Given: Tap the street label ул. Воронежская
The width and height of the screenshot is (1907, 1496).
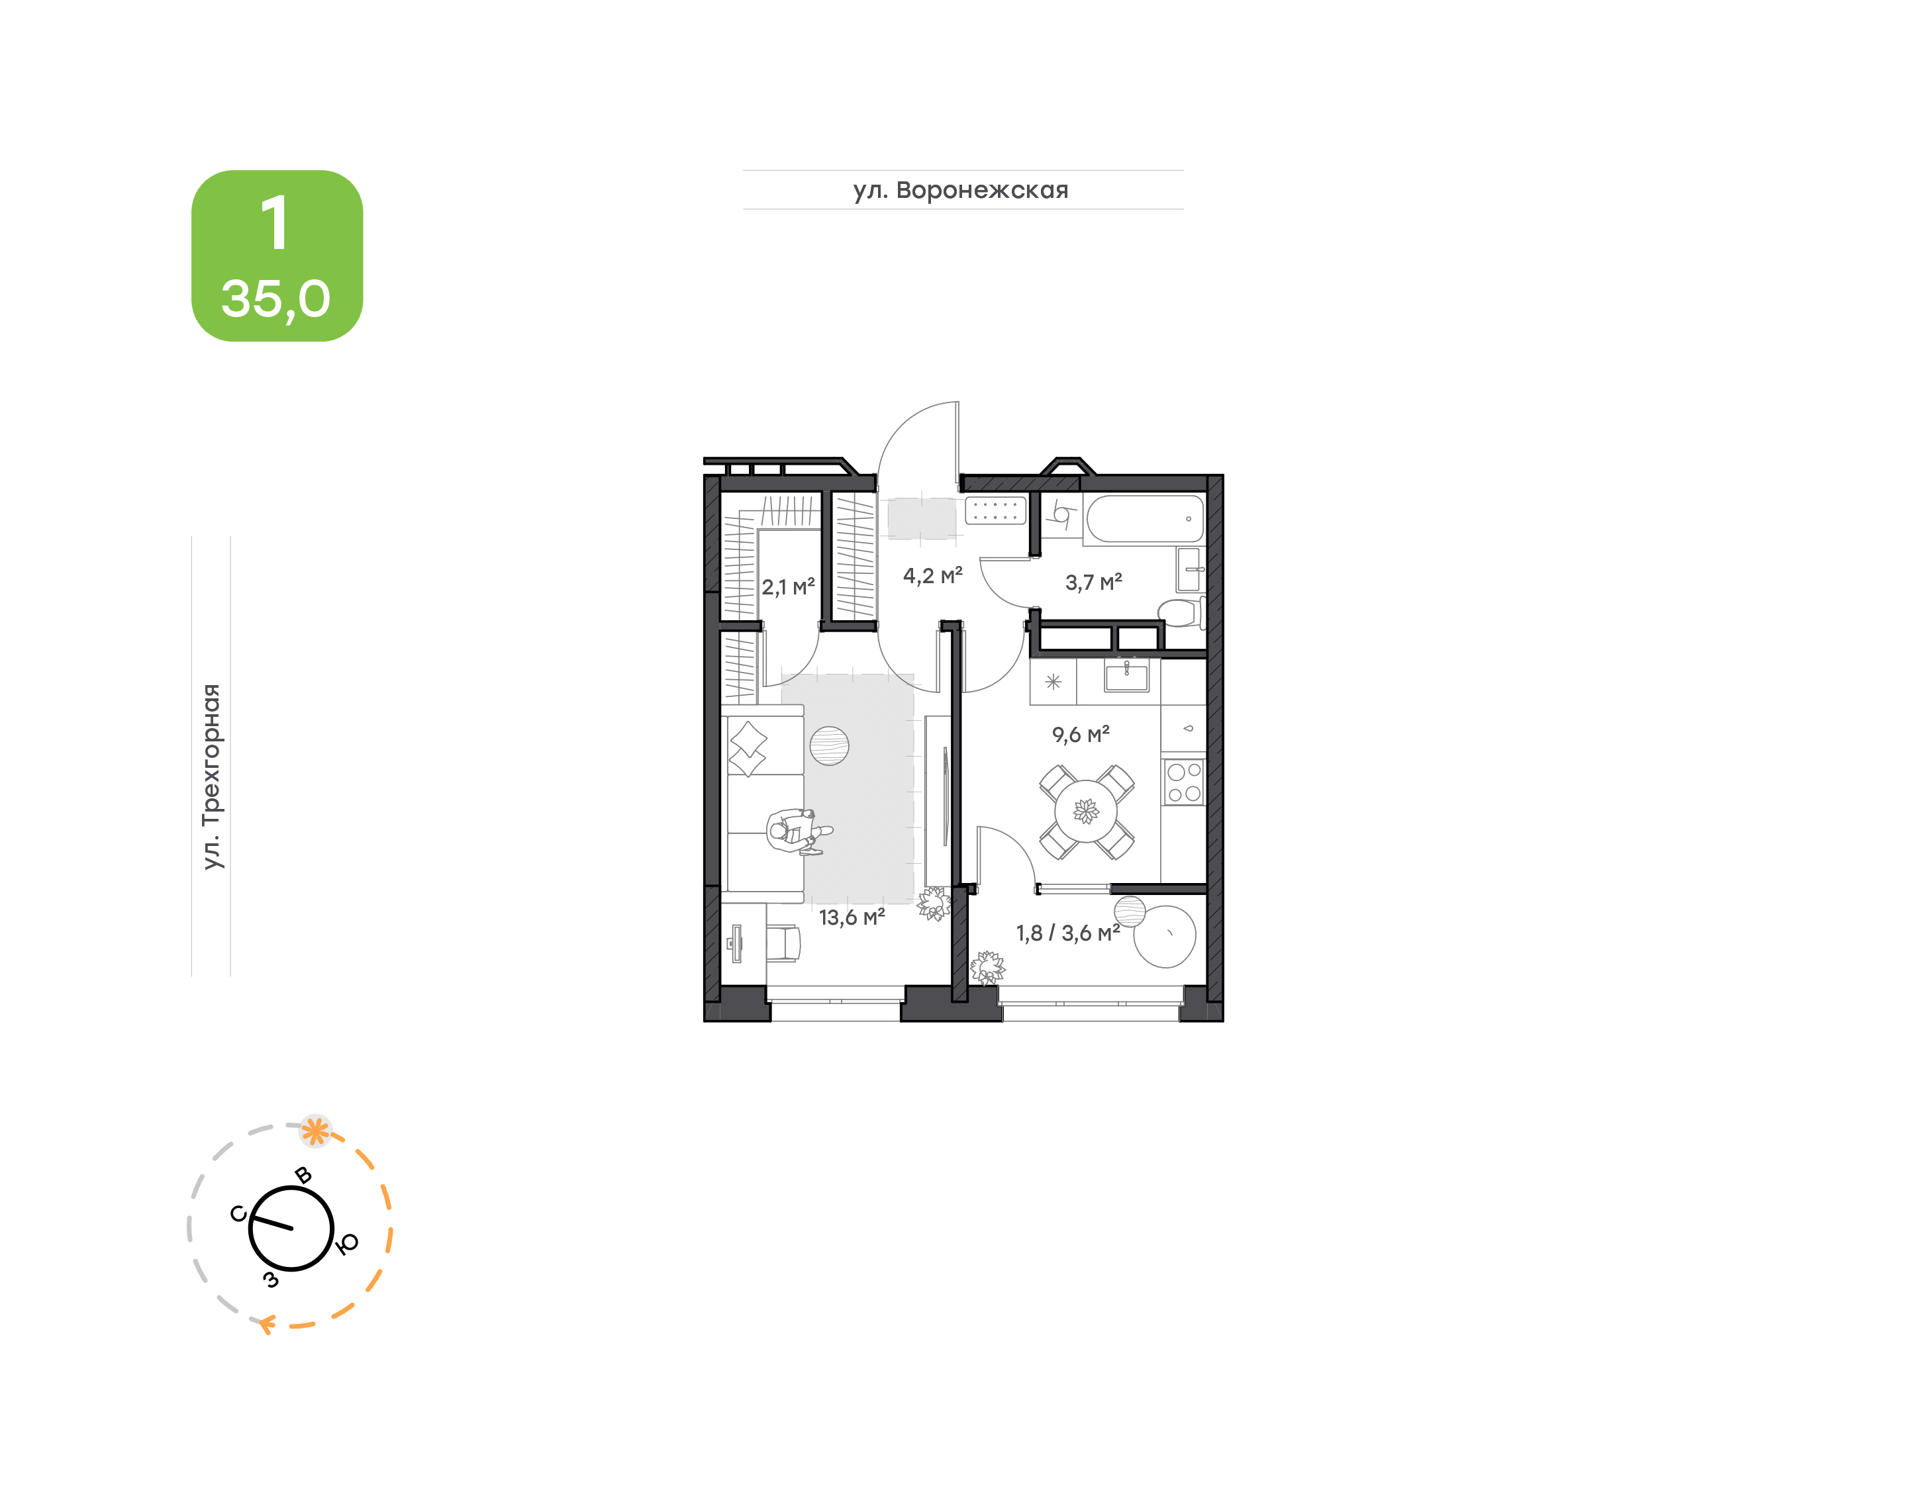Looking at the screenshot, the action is (961, 190).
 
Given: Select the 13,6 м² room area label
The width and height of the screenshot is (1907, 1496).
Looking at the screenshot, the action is (852, 917).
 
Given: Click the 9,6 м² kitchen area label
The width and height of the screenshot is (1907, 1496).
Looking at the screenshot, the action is (1080, 734).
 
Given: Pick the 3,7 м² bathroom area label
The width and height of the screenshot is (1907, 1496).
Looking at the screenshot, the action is (1093, 583).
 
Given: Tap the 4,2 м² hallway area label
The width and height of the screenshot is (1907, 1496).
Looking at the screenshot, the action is (932, 575).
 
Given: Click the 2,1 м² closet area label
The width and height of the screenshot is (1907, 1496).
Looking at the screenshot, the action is (787, 587).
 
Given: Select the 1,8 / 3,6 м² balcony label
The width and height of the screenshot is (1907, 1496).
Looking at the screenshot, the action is (1068, 933).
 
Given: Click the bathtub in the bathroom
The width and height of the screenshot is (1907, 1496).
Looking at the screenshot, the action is (1145, 518).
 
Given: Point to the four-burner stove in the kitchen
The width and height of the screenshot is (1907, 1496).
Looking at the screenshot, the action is (1183, 782).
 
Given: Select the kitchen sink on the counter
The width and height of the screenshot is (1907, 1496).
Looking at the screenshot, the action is (1126, 676).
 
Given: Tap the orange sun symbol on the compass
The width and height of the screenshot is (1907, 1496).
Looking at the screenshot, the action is (315, 1131).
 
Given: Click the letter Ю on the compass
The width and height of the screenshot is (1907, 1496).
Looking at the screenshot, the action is (348, 1243).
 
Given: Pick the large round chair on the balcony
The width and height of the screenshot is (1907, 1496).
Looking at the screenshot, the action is (1164, 936).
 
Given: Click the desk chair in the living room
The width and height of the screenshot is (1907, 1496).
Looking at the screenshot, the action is (783, 943).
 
